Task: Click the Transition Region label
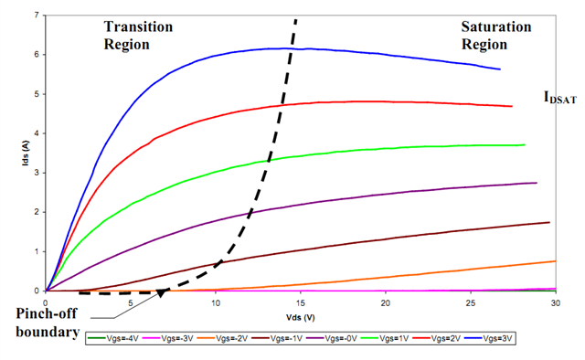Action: pyautogui.click(x=138, y=35)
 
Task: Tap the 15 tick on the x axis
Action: pyautogui.click(x=301, y=302)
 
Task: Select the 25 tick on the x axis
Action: pyautogui.click(x=471, y=302)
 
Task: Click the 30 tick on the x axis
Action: pyautogui.click(x=555, y=302)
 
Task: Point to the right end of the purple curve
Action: pyautogui.click(x=537, y=183)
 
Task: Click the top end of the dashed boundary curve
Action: pyautogui.click(x=295, y=19)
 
